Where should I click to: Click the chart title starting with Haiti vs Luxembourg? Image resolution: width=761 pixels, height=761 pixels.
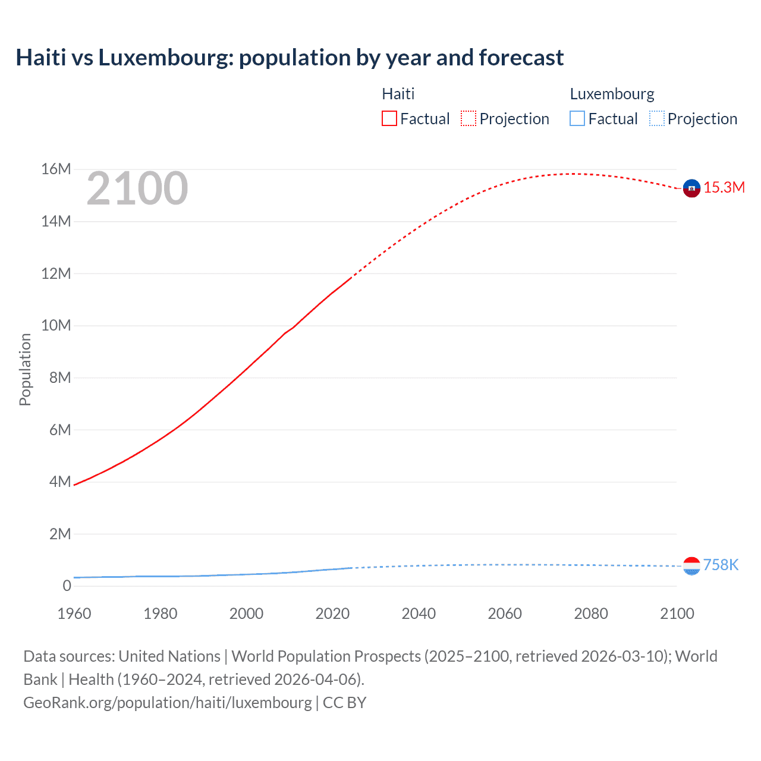(x=290, y=58)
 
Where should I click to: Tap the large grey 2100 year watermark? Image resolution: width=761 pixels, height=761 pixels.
(x=137, y=188)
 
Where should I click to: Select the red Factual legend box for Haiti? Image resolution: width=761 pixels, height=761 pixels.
(x=389, y=118)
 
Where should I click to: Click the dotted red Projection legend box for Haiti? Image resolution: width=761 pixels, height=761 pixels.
(x=468, y=118)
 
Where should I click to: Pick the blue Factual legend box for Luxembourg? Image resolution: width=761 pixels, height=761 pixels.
(x=577, y=118)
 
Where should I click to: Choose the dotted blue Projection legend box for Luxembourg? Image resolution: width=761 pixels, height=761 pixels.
(x=656, y=118)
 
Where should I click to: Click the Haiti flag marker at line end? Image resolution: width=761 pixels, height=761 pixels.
(x=691, y=188)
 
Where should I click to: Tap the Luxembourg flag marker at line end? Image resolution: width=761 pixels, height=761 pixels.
(x=691, y=565)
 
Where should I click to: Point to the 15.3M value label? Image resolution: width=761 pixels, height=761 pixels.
(x=724, y=188)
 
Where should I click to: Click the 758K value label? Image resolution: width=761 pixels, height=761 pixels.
(x=721, y=565)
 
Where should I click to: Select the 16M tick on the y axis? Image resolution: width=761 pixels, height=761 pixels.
(x=56, y=169)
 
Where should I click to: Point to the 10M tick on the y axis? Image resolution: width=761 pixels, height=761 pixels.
(x=56, y=326)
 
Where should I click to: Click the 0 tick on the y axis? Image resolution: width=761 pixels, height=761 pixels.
(x=67, y=586)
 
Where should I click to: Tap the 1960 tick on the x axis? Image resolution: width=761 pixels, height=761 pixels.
(x=74, y=614)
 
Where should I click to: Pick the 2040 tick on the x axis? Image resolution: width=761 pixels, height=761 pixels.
(x=419, y=614)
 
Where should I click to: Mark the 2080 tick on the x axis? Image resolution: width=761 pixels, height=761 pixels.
(x=591, y=614)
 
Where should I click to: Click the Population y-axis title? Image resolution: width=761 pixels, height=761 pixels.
(x=25, y=369)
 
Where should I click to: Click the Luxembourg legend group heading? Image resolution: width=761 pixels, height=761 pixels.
(x=612, y=94)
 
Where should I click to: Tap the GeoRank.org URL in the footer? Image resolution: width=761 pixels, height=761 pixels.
(x=167, y=703)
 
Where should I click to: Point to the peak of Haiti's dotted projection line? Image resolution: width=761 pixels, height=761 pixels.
(x=573, y=174)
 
